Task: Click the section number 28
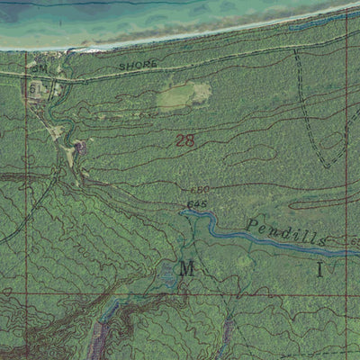click(186, 139)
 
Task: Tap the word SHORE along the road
click(138, 66)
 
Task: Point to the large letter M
click(186, 268)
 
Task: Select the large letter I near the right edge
click(318, 269)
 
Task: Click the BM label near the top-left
click(40, 67)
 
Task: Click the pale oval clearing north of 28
click(184, 94)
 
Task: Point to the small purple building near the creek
click(82, 145)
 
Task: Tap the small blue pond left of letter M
click(168, 275)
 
